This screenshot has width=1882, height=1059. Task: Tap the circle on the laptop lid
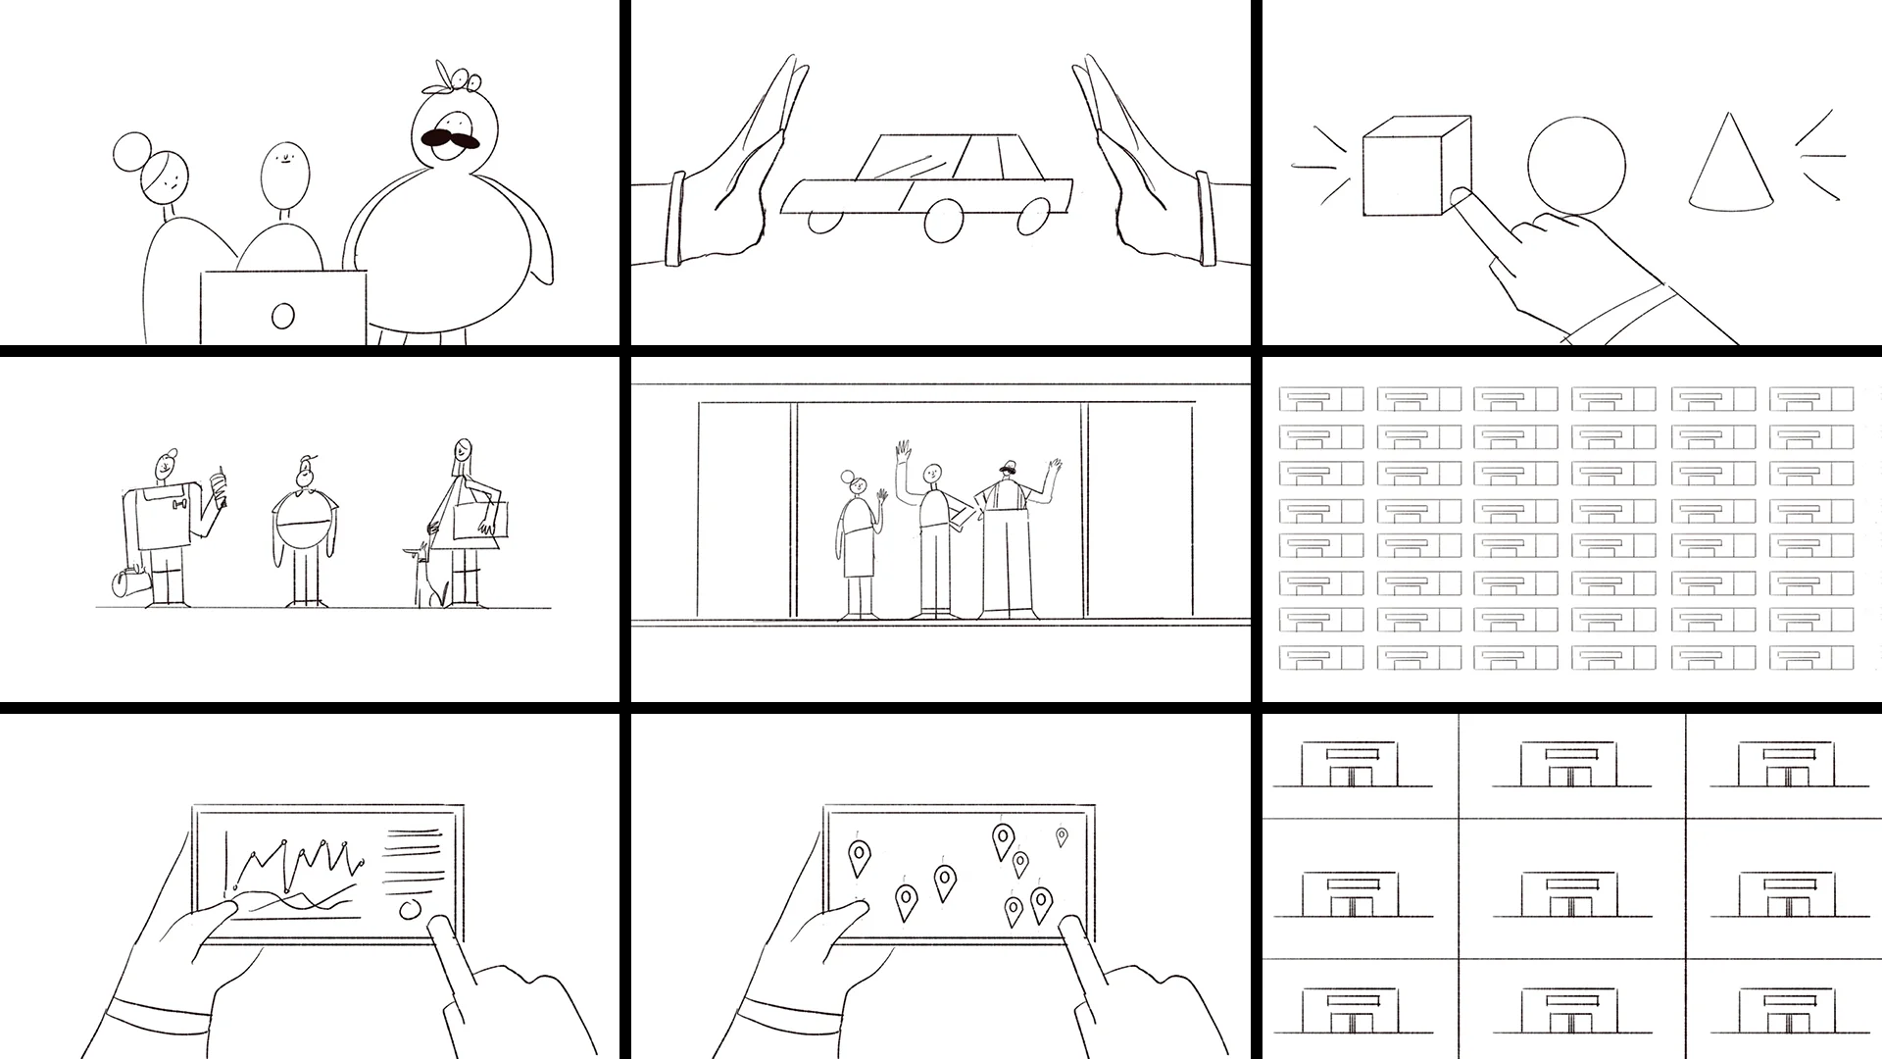[x=282, y=316]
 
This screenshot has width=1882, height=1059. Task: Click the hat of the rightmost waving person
[x=1006, y=467]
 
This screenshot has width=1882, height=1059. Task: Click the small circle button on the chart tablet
[x=411, y=909]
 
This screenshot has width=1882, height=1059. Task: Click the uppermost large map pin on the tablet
[x=1003, y=839]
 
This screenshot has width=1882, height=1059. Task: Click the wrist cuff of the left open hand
[x=673, y=220]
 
